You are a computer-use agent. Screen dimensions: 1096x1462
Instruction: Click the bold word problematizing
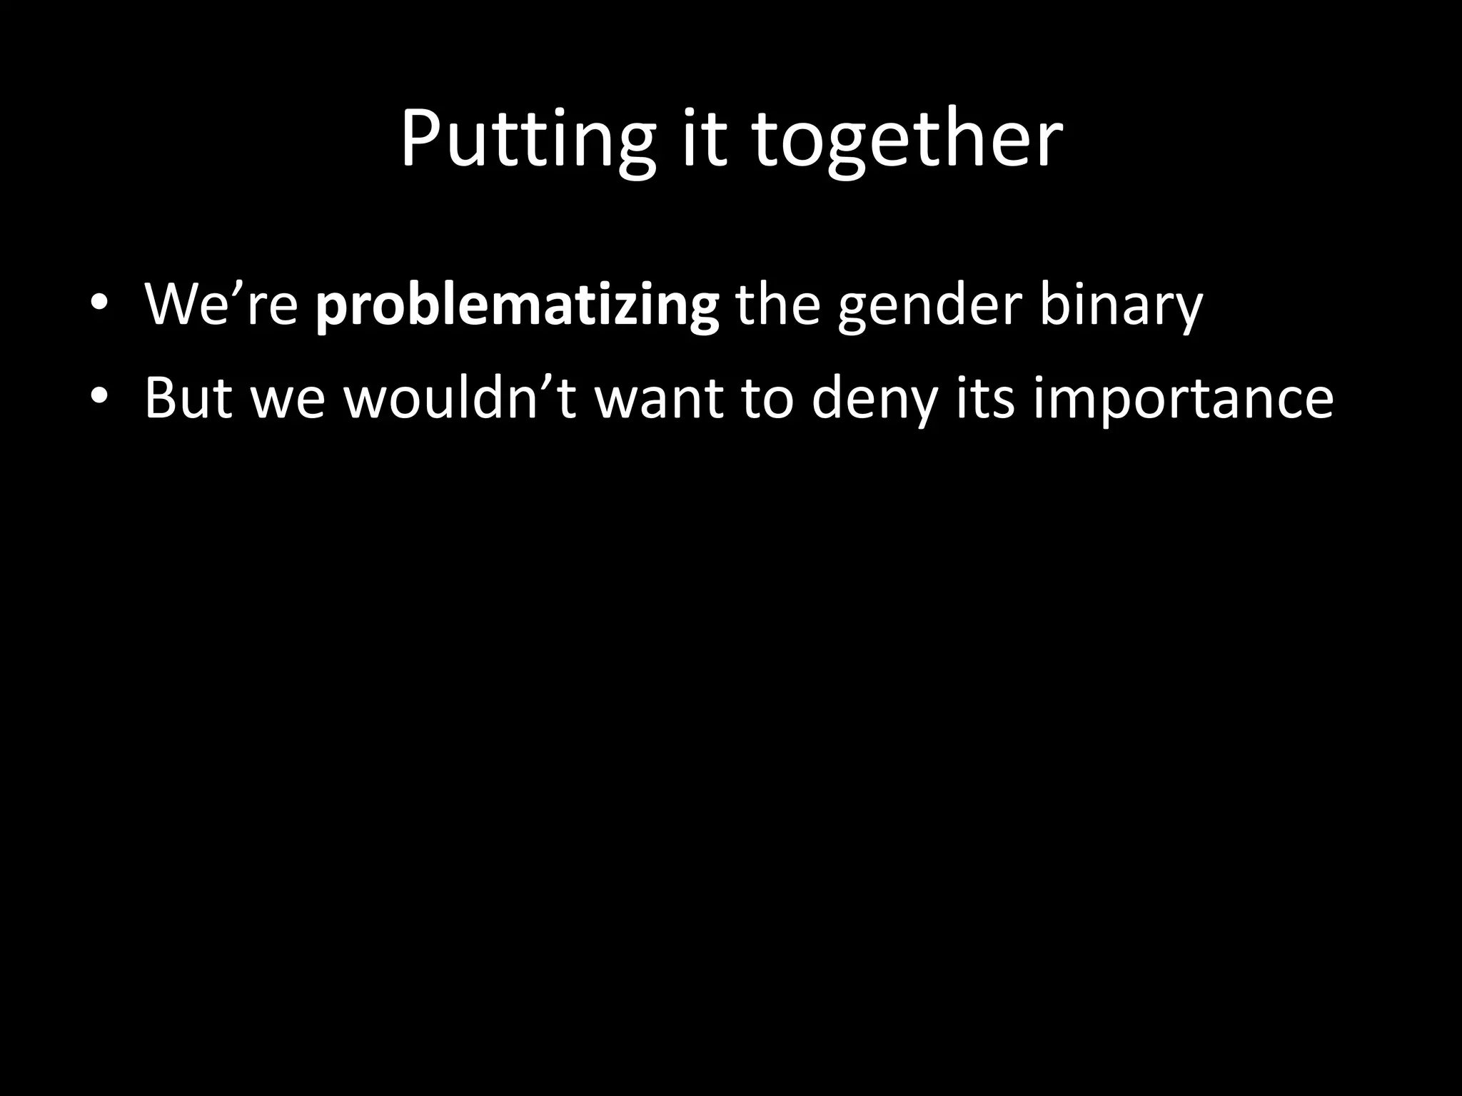pos(517,305)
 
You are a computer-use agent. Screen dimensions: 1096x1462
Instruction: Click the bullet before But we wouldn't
pos(99,397)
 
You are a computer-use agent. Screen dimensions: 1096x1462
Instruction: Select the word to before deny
pos(767,398)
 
